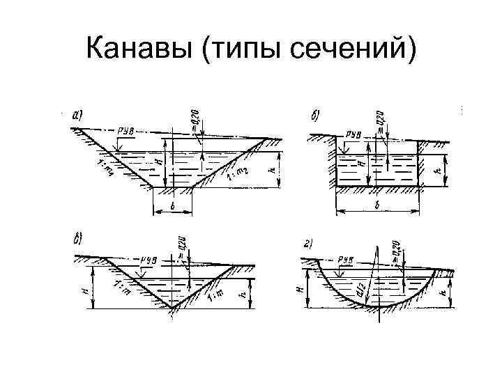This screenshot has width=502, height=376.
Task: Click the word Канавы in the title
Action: (x=144, y=49)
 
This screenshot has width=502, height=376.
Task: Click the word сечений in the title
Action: (x=351, y=49)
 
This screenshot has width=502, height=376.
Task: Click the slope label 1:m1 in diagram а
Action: (x=105, y=169)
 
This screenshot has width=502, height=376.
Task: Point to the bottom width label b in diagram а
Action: (x=172, y=207)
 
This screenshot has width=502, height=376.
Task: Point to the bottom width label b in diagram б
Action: (x=377, y=207)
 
